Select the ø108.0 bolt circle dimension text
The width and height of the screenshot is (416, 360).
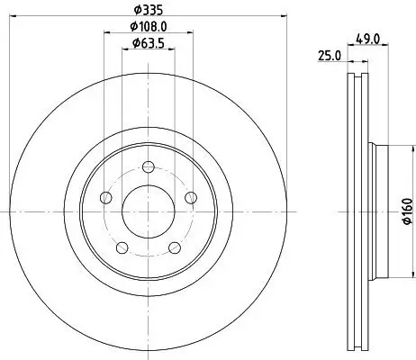148,26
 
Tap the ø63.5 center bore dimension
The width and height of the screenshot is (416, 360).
148,43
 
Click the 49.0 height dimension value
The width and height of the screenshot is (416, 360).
368,39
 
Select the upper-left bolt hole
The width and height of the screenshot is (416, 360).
106,198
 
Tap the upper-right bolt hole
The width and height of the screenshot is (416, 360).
190,198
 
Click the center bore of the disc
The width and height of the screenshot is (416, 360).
148,211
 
